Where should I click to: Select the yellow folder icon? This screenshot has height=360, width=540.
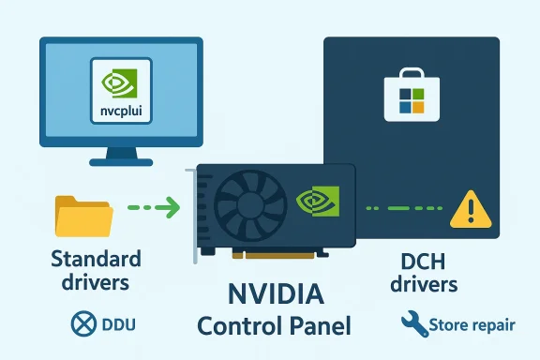83,216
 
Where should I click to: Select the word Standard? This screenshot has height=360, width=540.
96,259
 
